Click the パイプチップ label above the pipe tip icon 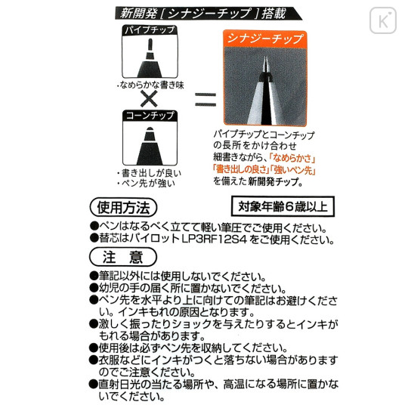pos(150,30)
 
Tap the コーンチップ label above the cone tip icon pos(150,116)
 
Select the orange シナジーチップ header pos(265,39)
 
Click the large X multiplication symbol pos(149,99)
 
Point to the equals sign pos(206,100)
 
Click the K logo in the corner pos(383,20)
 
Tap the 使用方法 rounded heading pos(123,207)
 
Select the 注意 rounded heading pos(123,257)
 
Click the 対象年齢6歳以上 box pos(283,206)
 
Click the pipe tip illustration pos(150,57)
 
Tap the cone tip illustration pos(150,146)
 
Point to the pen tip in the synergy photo pos(265,63)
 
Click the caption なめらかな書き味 pos(151,85)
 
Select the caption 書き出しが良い pos(150,173)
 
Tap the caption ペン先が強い pos(147,183)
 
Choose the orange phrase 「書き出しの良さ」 pos(241,169)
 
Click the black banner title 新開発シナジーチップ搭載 pos(203,14)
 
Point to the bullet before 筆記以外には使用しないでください pos(94,276)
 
